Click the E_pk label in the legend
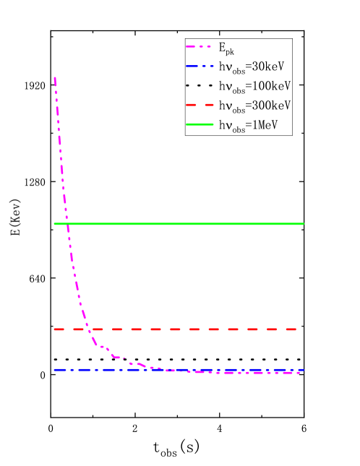pos(227,48)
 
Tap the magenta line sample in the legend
pos(200,48)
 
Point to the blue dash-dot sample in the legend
pos(200,66)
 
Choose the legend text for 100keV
pos(254,86)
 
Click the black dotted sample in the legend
pos(200,86)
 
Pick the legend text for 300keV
pos(254,105)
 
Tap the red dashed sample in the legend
pos(200,105)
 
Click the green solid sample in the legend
pos(200,124)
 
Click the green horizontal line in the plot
pos(181,224)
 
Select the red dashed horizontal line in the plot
pos(181,329)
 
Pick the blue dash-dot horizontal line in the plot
pos(108,370)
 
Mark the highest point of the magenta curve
pos(55,77)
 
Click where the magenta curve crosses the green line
pos(67,224)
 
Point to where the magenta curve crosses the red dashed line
pos(89,329)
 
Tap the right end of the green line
pos(304,224)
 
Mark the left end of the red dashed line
pos(54,329)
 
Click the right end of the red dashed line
pos(296,329)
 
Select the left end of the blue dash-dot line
pos(54,370)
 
